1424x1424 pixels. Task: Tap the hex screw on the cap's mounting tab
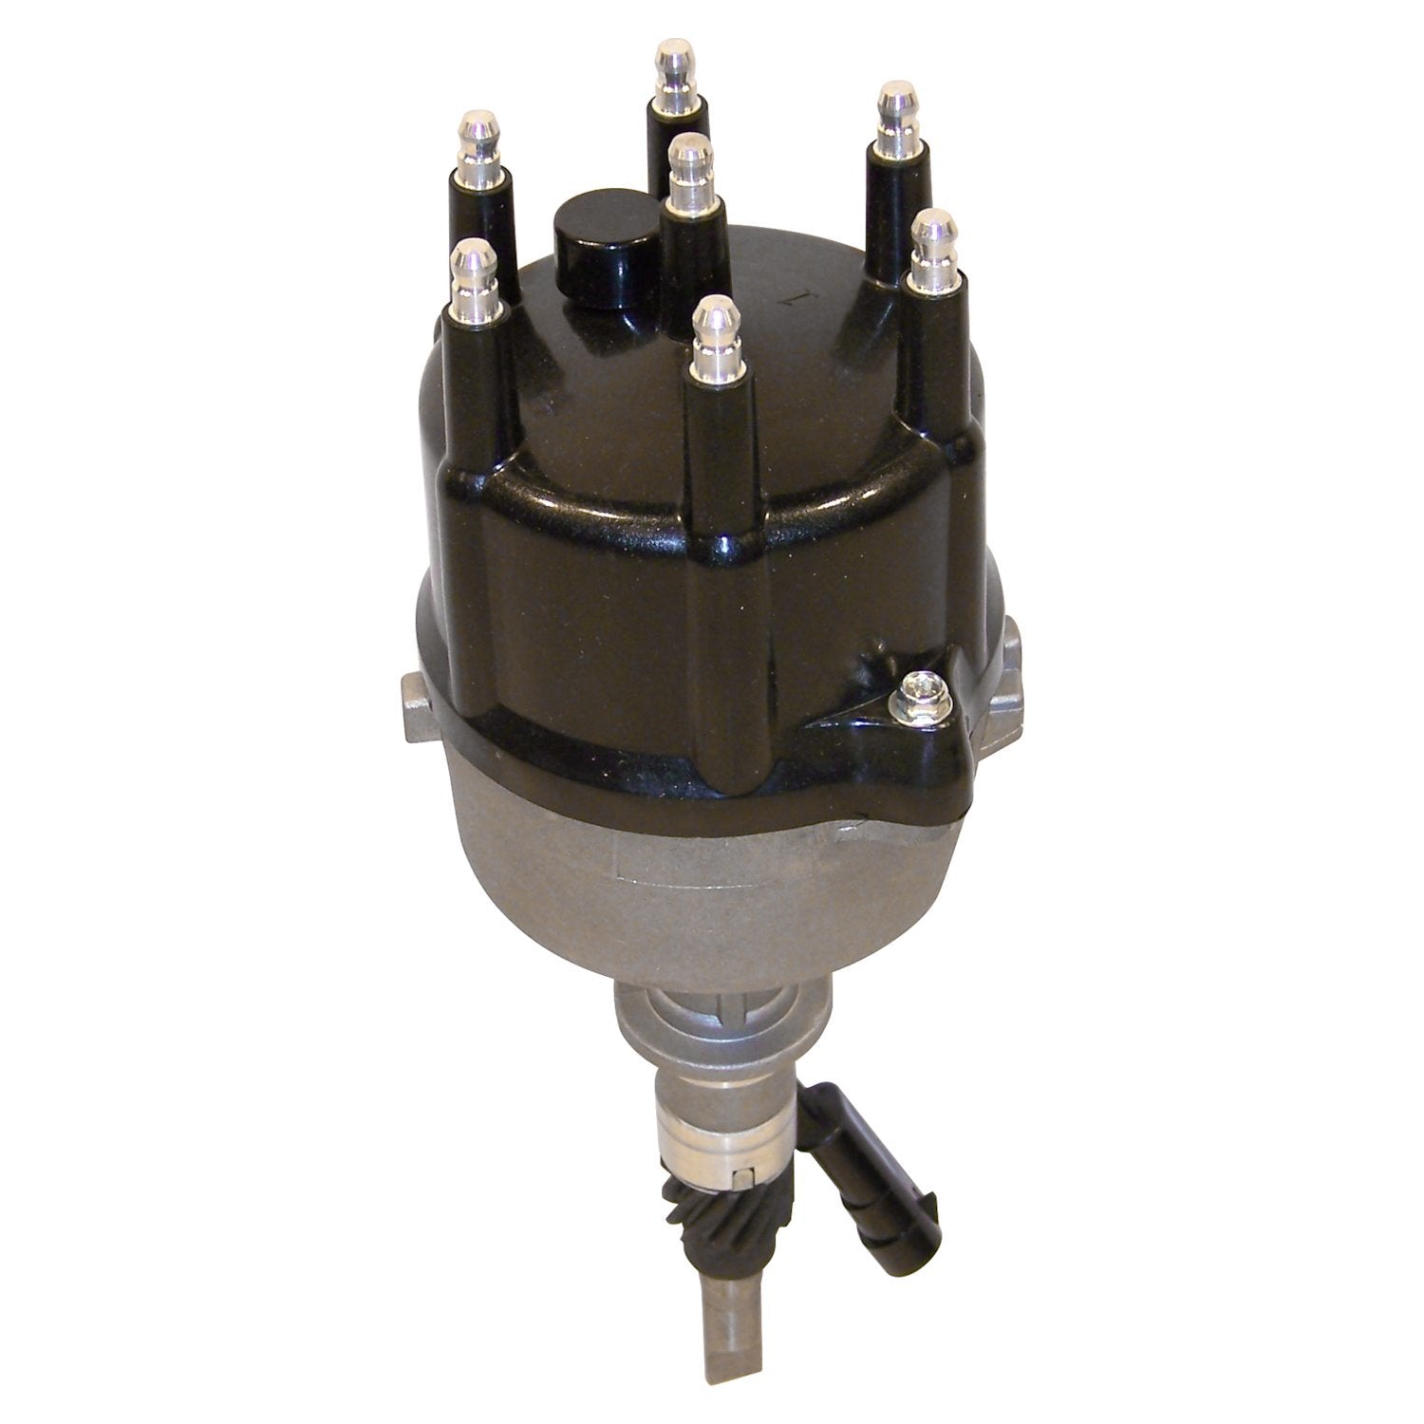[x=918, y=685]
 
